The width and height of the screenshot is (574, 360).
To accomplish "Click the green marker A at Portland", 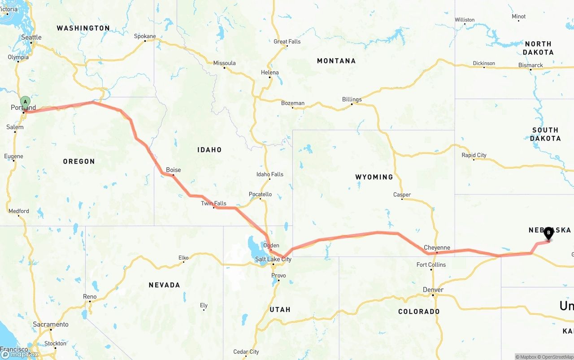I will tap(26, 102).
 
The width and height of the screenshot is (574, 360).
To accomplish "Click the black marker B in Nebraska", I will tap(548, 233).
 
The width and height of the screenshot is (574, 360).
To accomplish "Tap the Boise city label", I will tap(174, 170).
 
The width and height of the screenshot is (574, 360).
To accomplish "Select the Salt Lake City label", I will tap(273, 259).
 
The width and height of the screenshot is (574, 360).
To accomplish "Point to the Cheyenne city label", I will tap(437, 247).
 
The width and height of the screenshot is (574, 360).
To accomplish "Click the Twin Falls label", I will tap(213, 204).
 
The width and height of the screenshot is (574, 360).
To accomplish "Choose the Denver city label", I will tap(433, 290).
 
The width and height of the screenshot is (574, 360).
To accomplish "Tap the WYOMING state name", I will tap(374, 177).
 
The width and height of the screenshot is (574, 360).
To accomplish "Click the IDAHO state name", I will tap(209, 150).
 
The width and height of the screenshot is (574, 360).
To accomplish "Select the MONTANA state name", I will tap(336, 61).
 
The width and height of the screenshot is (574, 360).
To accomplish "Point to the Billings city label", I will tap(352, 100).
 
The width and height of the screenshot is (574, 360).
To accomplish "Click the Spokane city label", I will tap(145, 36).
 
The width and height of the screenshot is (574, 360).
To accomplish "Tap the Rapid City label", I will tap(474, 155).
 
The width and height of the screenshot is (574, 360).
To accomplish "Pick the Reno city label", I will tap(90, 297).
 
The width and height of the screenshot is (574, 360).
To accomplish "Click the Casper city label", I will tap(402, 195).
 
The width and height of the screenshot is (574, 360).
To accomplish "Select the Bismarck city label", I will tap(531, 65).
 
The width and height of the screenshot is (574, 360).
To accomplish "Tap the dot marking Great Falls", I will tap(279, 47).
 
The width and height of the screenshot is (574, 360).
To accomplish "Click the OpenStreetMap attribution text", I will tap(557, 357).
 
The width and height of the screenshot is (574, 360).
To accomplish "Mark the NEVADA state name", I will tap(165, 285).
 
